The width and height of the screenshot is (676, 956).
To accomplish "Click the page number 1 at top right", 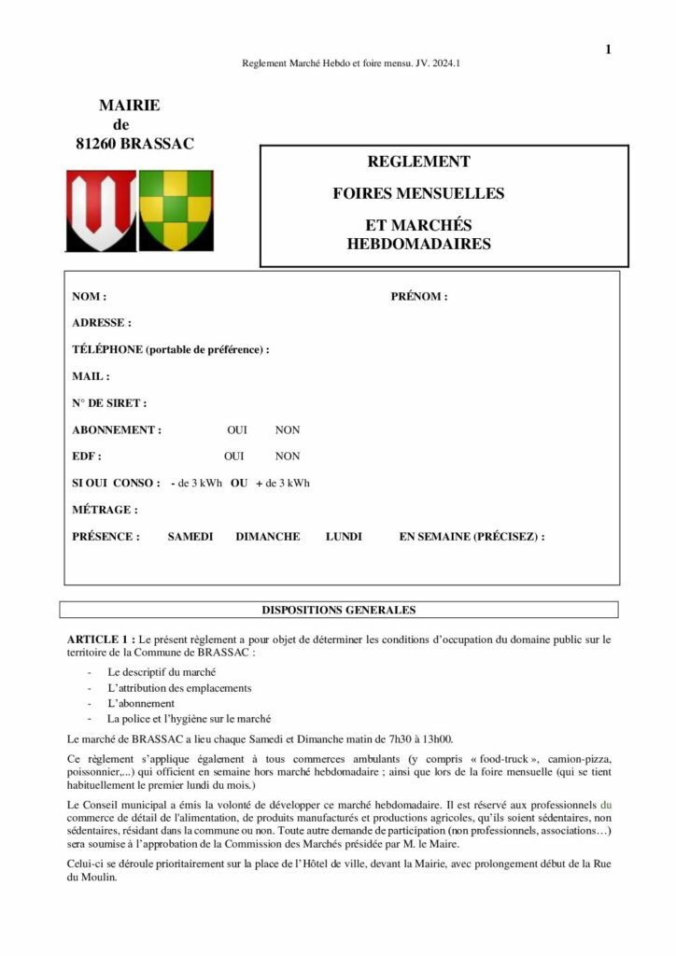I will coord(608,49).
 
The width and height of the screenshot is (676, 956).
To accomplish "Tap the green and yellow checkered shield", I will coord(176,210).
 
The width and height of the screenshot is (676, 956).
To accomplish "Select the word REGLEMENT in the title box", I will coord(418,162).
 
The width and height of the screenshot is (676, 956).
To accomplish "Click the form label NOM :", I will coord(89,297).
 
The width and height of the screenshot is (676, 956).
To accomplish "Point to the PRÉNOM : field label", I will coord(418,297).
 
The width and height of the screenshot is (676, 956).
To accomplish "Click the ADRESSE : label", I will coord(101,323).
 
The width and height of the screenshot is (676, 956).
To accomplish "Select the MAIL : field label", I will coord(91,377).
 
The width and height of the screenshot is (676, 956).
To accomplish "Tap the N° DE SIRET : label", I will coord(108,403).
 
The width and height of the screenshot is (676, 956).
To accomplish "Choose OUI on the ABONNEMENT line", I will coord(237,430).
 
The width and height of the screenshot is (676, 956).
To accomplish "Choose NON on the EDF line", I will coord(287,457).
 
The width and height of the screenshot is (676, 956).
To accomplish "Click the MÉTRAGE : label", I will coord(105,510).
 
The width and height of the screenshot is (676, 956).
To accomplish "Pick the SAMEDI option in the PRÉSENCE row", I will coord(190,537).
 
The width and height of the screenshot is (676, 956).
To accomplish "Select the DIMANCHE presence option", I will coord(268,537).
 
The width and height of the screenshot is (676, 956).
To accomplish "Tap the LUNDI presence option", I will coord(344,537).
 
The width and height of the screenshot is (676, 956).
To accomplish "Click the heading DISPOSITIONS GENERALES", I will coord(338,611).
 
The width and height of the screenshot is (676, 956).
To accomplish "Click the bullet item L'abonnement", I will coord(140,703).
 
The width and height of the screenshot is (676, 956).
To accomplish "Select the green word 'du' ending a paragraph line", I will coord(605,804).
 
